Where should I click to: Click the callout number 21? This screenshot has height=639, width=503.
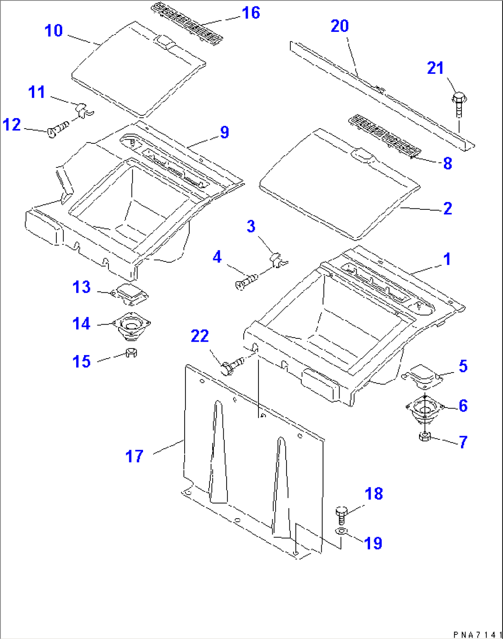click(x=435, y=68)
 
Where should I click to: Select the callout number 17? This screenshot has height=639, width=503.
click(x=134, y=456)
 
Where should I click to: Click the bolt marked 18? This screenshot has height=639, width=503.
click(x=341, y=514)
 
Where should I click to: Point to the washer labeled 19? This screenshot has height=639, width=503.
click(x=341, y=532)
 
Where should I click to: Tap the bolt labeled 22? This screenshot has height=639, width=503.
click(x=233, y=366)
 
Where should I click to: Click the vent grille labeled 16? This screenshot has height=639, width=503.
click(x=187, y=22)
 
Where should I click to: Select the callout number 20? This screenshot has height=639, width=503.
click(x=340, y=26)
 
